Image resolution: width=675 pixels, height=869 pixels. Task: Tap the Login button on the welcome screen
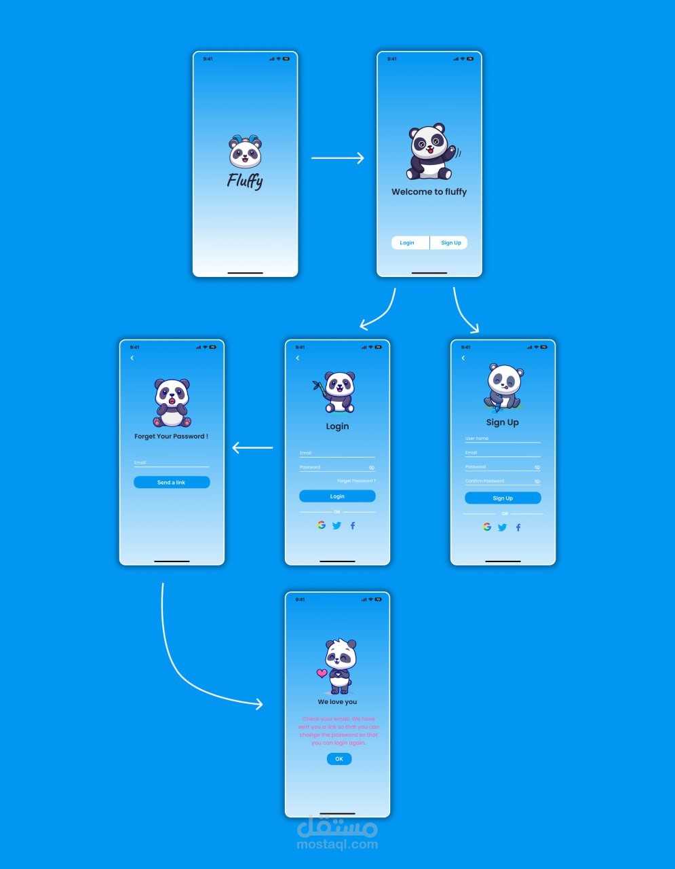[407, 243]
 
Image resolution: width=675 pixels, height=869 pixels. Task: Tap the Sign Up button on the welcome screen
[450, 243]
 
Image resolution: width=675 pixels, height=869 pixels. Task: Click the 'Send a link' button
[172, 483]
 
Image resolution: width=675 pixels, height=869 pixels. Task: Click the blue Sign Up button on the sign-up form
[503, 498]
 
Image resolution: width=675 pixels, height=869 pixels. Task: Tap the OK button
[339, 759]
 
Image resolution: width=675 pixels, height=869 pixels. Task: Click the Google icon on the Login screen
[322, 525]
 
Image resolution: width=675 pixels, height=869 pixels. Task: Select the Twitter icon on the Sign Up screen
[503, 528]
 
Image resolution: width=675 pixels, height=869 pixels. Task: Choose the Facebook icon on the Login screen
[353, 526]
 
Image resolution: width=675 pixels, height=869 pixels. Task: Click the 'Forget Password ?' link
[356, 481]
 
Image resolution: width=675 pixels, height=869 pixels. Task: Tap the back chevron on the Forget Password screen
[132, 358]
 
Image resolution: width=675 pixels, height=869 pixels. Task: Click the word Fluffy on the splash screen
[245, 181]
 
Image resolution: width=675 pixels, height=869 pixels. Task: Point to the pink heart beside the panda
[322, 673]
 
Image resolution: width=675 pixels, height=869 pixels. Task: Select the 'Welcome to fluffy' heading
[429, 192]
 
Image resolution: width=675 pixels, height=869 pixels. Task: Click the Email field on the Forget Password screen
[172, 464]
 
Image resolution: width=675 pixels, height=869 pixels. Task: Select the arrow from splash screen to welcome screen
[337, 158]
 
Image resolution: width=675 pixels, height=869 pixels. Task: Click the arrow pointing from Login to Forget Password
[252, 448]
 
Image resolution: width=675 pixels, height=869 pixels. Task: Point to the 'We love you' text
[337, 702]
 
